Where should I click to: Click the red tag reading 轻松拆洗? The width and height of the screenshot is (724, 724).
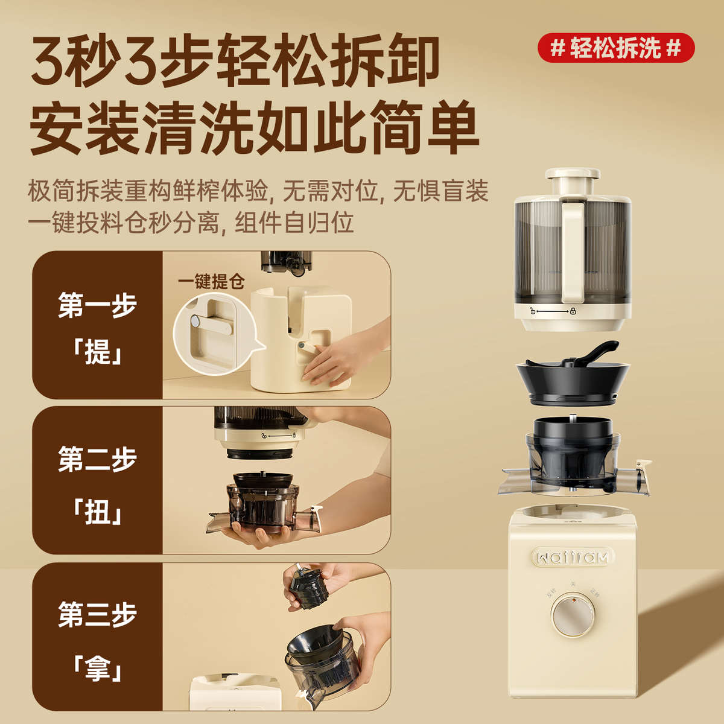(616, 48)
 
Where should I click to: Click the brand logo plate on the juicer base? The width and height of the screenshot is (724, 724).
(572, 556)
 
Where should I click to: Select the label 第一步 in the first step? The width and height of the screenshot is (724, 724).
(97, 305)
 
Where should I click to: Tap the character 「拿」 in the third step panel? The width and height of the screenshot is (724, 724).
(97, 668)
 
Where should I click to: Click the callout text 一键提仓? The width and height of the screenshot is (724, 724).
(211, 282)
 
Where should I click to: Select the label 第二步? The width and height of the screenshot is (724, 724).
(97, 460)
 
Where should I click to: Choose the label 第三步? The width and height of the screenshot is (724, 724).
(97, 614)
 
